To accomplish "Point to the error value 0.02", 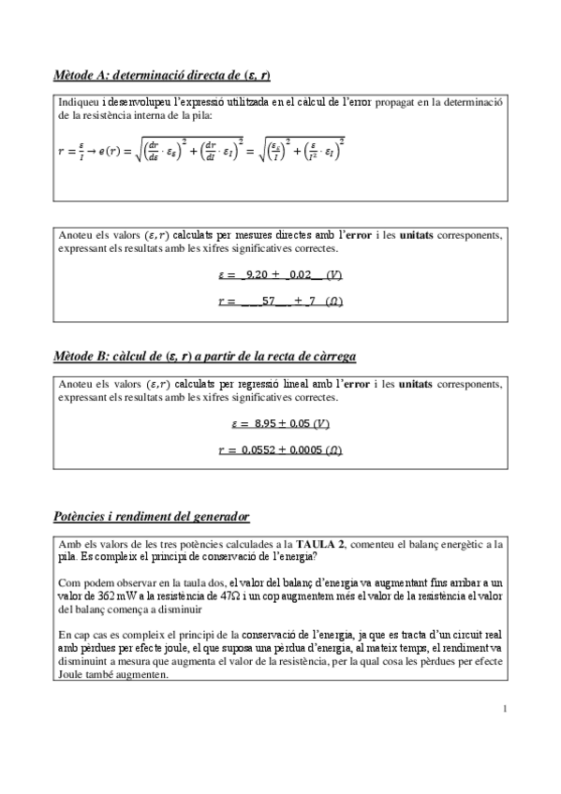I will (x=302, y=275).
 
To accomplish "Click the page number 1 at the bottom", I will (x=504, y=708).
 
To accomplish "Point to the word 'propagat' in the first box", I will (x=386, y=101).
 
